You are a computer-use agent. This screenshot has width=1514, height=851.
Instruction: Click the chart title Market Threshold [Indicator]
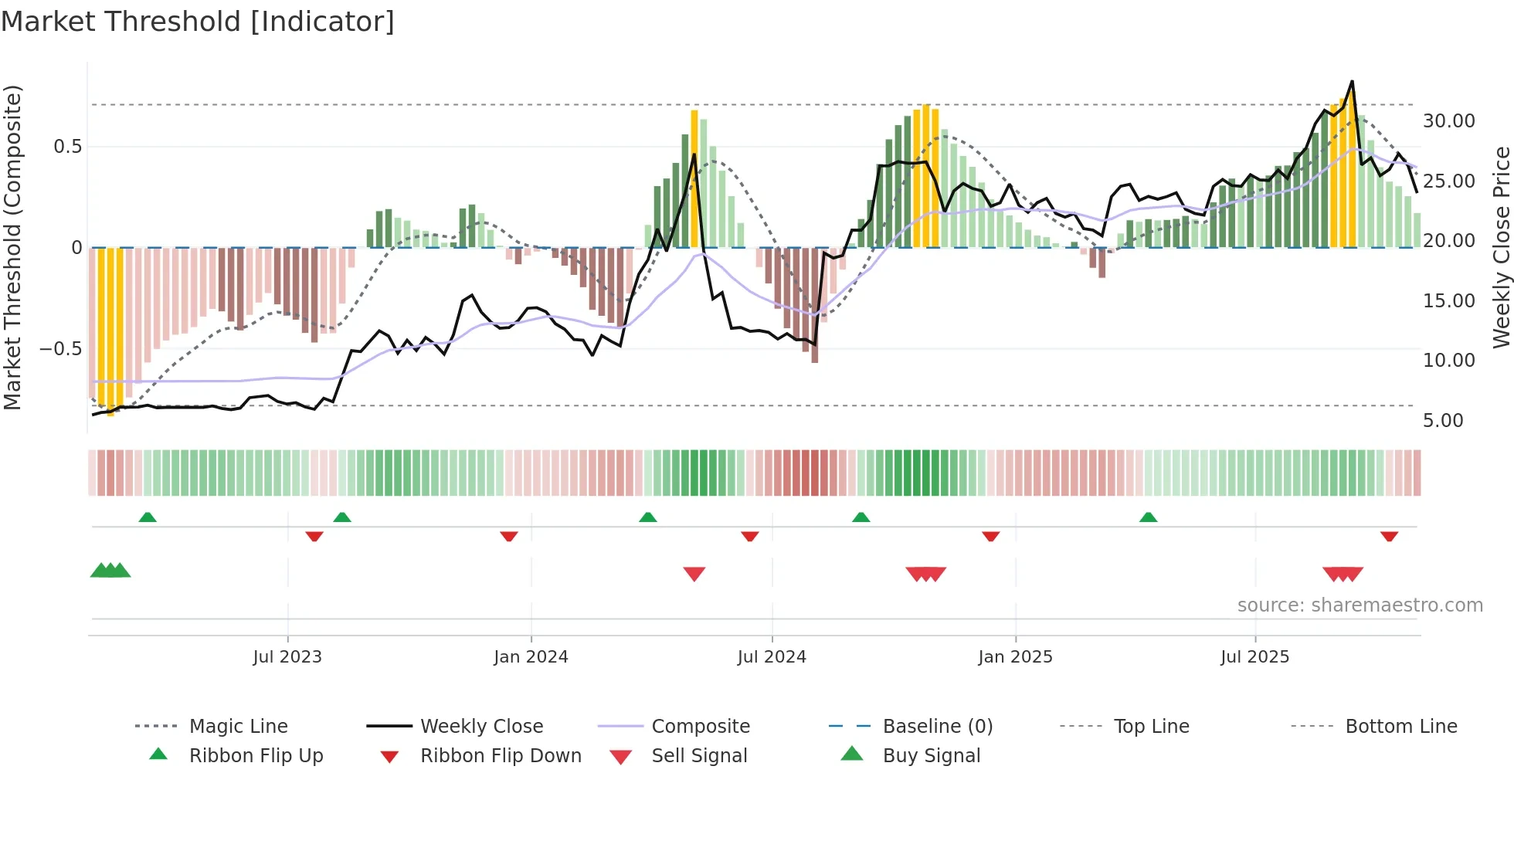tap(198, 22)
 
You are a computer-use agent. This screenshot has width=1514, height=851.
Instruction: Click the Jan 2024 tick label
tap(531, 656)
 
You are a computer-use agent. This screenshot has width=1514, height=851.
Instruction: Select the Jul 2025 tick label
tap(1254, 656)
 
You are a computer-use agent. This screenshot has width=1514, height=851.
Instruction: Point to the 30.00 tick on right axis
tap(1448, 121)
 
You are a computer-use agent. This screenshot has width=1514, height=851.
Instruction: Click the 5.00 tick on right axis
tap(1443, 420)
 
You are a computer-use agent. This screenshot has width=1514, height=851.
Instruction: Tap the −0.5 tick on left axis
tap(61, 348)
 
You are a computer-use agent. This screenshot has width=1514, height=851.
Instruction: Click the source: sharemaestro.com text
tap(1360, 605)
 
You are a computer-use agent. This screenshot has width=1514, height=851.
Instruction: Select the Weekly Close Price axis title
tap(1501, 247)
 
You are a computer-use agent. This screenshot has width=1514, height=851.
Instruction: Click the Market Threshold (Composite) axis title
tap(12, 247)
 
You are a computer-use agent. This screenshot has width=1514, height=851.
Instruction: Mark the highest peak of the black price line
tap(1352, 81)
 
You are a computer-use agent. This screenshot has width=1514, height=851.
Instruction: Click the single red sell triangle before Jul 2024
tap(694, 573)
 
